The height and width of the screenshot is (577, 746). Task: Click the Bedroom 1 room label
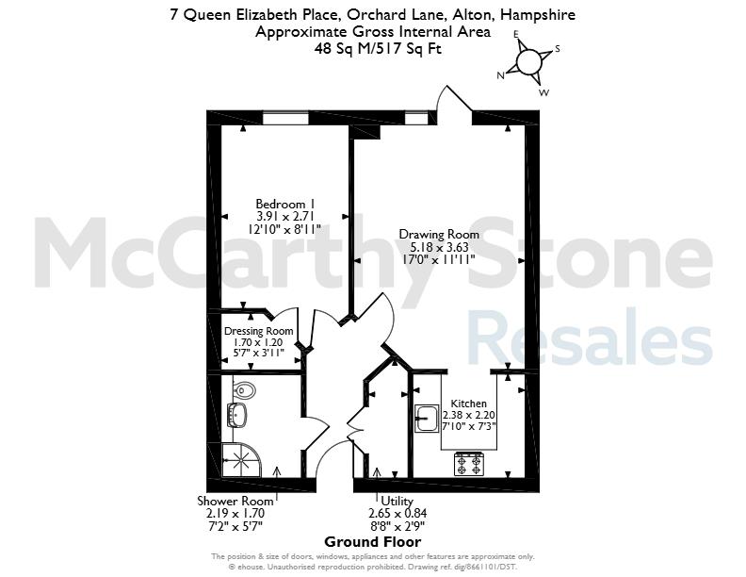[283, 204]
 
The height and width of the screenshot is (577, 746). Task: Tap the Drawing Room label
[439, 234]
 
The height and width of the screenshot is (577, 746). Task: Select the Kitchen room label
[469, 404]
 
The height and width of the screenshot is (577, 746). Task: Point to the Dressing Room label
[258, 331]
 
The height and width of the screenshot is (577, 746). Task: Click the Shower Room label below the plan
[235, 501]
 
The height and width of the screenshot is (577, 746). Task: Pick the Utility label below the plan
[397, 502]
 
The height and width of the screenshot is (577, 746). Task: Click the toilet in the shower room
[245, 391]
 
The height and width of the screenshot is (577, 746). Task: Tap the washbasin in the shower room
[238, 415]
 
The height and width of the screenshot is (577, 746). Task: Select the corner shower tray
[242, 460]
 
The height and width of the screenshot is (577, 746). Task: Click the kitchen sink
[427, 419]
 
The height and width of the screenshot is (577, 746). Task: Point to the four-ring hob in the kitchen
[469, 464]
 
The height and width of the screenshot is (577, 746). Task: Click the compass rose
[528, 62]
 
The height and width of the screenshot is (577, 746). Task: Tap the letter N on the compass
[500, 75]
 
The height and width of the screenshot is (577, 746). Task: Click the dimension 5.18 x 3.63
[439, 247]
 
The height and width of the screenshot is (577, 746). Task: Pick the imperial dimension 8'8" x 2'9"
[397, 526]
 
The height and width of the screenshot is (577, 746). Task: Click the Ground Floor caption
[372, 542]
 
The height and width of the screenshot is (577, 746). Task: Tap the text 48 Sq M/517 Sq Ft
[378, 49]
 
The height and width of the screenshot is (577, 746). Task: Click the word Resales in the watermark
[590, 337]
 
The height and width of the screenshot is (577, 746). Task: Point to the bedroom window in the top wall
[285, 117]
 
